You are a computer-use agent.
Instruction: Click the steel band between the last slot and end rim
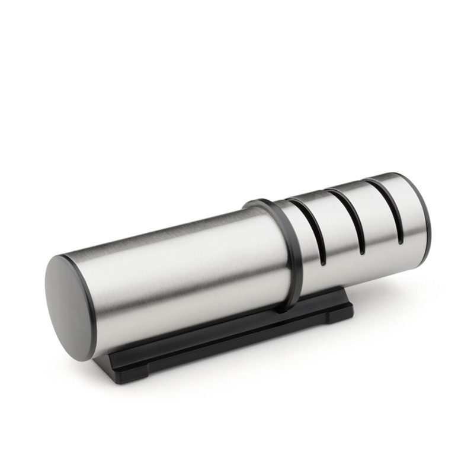409,207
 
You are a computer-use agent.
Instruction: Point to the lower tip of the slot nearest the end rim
401,240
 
